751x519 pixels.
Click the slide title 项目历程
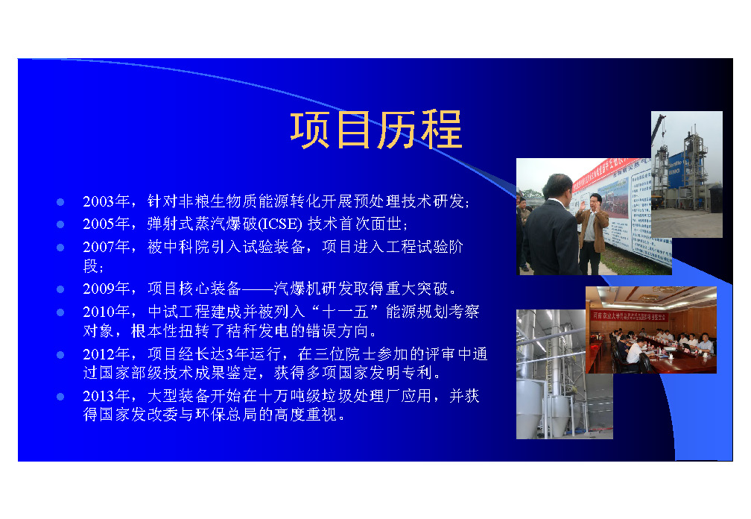click(376, 130)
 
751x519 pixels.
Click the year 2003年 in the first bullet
click(107, 201)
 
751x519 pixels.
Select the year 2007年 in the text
click(107, 247)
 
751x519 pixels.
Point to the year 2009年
click(107, 289)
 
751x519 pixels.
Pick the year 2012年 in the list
click(107, 354)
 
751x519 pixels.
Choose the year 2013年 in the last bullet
click(107, 396)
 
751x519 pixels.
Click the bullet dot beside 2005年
click(60, 224)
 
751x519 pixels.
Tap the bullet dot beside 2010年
click(60, 312)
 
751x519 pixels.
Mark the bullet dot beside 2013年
click(60, 396)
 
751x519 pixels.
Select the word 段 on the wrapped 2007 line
click(91, 265)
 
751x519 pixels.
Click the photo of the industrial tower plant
click(686, 174)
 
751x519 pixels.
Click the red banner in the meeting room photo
click(629, 316)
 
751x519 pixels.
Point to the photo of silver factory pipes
click(564, 374)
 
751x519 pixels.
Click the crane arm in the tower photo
click(657, 128)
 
